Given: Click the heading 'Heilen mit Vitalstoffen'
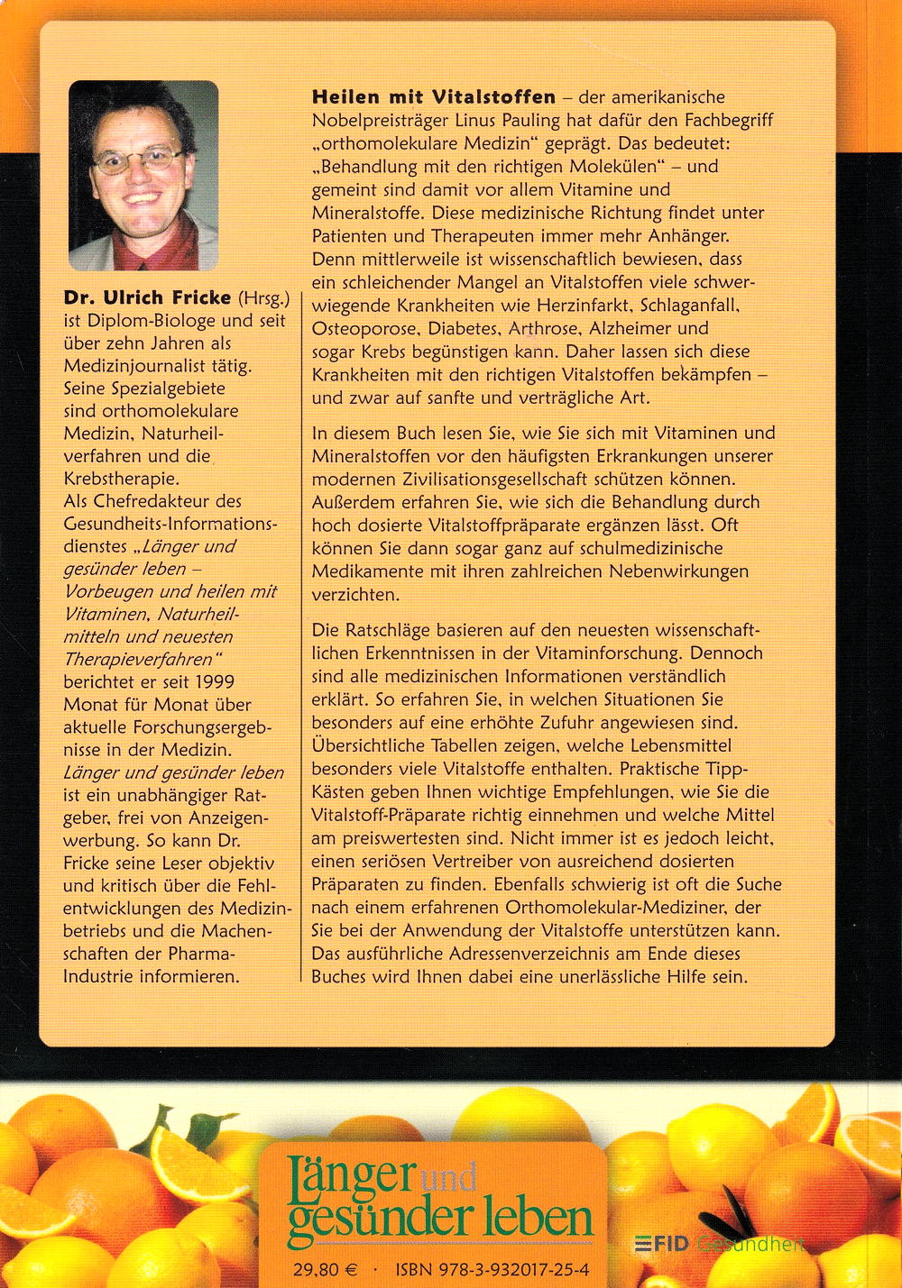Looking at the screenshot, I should (x=433, y=96).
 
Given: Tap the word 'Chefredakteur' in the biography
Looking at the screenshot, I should (x=152, y=501).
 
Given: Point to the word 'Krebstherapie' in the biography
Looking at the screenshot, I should (x=121, y=479).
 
